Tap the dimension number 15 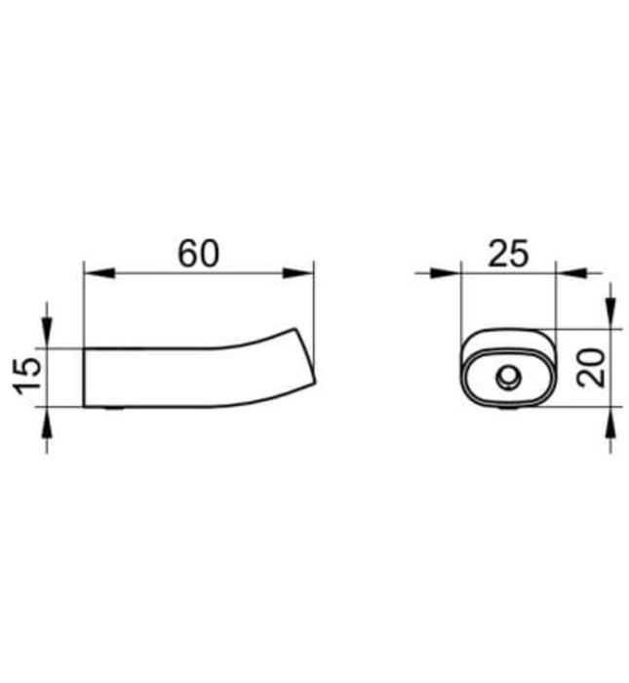click(x=29, y=376)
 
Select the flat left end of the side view click(x=84, y=378)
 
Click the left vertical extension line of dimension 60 click(x=84, y=302)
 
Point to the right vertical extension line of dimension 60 click(x=314, y=302)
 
